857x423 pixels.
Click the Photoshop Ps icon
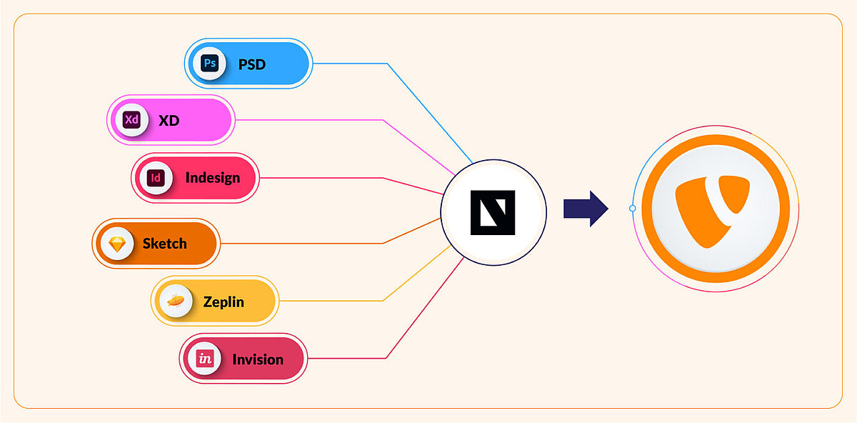tap(209, 64)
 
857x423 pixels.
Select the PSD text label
tap(251, 64)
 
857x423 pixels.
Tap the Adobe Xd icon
tap(131, 119)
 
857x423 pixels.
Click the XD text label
tap(169, 120)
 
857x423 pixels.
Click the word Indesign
tap(213, 178)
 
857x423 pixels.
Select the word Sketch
tap(164, 244)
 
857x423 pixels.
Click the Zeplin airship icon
tap(176, 302)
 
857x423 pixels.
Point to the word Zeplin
tap(223, 302)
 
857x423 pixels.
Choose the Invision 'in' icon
tap(205, 359)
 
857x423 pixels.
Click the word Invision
tap(257, 359)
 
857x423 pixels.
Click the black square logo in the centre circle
tap(493, 213)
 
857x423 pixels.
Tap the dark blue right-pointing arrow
tap(586, 209)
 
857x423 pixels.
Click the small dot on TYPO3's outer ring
tap(632, 209)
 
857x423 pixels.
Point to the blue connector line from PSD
tap(350, 64)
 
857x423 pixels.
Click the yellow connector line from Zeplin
tap(329, 301)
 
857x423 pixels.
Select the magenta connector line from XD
tap(307, 119)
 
